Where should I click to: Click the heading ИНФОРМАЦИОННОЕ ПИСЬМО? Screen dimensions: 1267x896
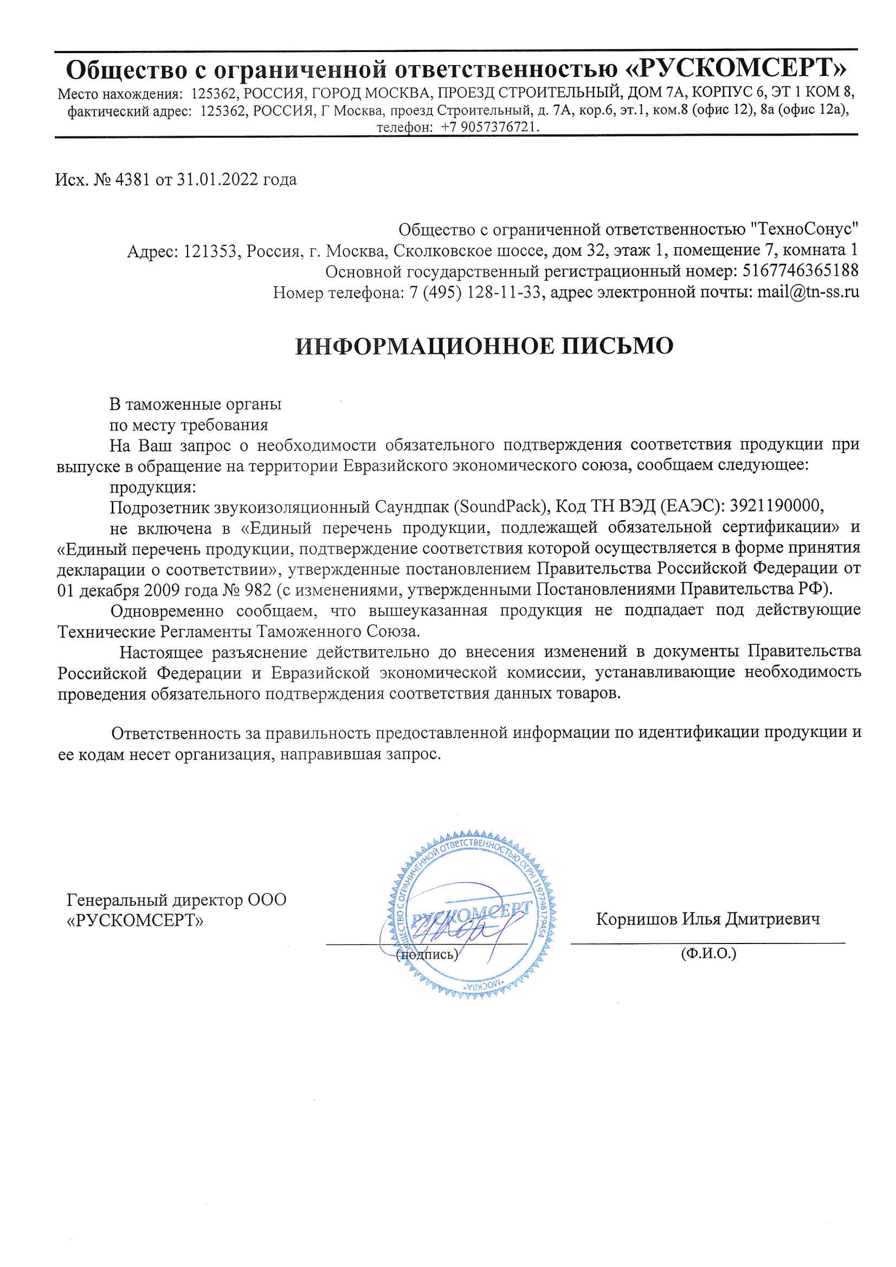point(484,346)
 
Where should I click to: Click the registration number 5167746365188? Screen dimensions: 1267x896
point(801,271)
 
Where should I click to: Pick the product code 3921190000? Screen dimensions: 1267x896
point(776,506)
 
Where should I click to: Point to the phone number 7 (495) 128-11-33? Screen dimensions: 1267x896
point(475,292)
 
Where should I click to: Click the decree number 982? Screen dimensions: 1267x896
point(257,590)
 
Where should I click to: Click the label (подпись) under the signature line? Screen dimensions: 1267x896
point(427,954)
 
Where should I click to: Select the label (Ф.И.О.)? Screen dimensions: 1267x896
point(708,953)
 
